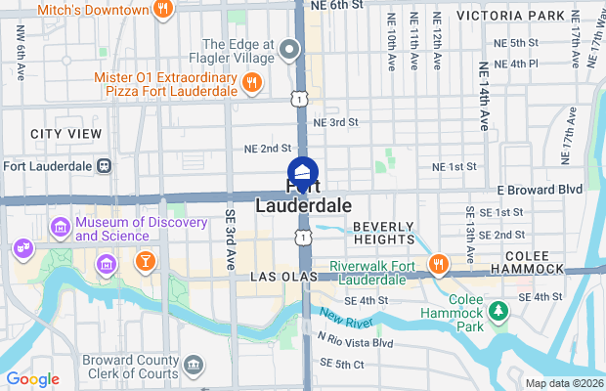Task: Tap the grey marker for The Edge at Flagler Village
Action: (288, 49)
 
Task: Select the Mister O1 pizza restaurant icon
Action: (252, 83)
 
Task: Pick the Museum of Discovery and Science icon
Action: (61, 228)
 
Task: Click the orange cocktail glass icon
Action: (145, 261)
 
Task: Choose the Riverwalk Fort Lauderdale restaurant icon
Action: (438, 263)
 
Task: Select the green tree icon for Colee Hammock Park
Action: (499, 311)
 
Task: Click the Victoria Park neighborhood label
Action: (524, 16)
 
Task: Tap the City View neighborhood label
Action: (65, 133)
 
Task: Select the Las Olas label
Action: (277, 278)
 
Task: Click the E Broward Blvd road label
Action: (540, 189)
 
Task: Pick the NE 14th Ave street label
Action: (483, 96)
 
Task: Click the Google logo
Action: (32, 379)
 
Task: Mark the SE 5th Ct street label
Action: (341, 365)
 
